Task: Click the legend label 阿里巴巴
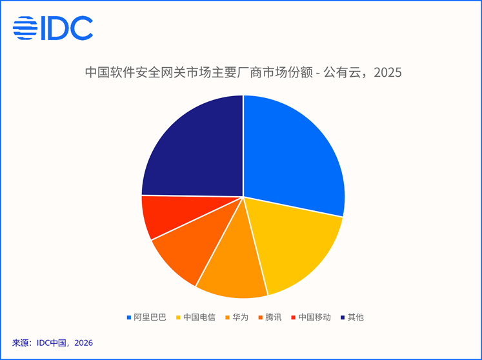(x=150, y=317)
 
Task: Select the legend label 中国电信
(x=199, y=317)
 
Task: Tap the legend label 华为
(x=241, y=317)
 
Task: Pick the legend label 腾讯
(x=273, y=317)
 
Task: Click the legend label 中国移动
(x=314, y=317)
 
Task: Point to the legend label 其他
(x=356, y=317)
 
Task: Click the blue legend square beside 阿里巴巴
(x=129, y=317)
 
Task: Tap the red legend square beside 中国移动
(x=294, y=317)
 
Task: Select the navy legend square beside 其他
(x=343, y=317)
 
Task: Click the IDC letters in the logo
(x=66, y=28)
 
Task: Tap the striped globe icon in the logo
(x=25, y=28)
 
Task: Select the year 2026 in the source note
(x=83, y=343)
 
